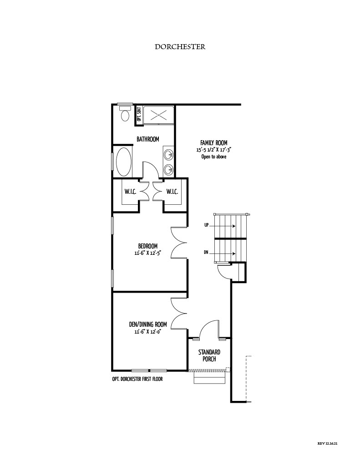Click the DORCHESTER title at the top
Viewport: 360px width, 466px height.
coord(180,47)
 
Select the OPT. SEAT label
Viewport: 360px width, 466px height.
coord(138,114)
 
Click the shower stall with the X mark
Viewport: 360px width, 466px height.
coord(158,114)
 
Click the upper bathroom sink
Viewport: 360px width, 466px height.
coord(169,154)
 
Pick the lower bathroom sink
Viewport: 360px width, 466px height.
coord(169,170)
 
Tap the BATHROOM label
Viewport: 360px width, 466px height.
coord(148,139)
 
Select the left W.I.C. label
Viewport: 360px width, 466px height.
coord(131,192)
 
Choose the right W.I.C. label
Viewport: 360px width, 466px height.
coord(172,192)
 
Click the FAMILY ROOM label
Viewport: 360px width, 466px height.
coord(214,143)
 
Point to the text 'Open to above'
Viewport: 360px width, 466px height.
coord(214,157)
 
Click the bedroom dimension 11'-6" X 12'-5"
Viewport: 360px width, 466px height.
coord(148,253)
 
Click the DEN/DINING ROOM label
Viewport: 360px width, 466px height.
coord(148,324)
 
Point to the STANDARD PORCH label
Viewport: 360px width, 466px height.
coord(209,355)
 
